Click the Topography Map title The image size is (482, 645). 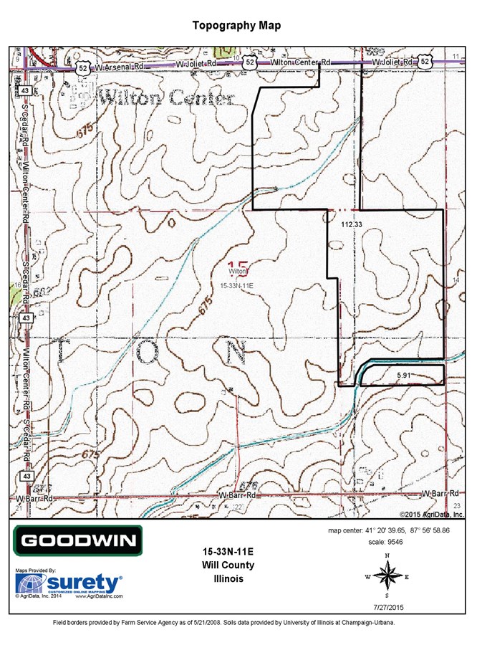236,26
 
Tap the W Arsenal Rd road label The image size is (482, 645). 120,67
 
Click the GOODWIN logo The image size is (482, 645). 78,541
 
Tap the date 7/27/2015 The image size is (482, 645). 389,607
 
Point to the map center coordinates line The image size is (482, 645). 389,530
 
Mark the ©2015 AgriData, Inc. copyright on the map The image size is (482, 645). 432,515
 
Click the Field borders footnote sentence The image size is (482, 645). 224,622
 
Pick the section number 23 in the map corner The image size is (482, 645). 457,507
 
